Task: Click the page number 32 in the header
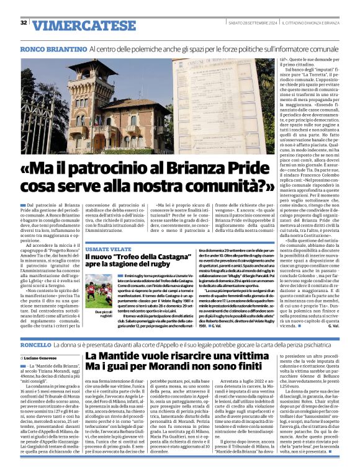pos(24,23)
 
